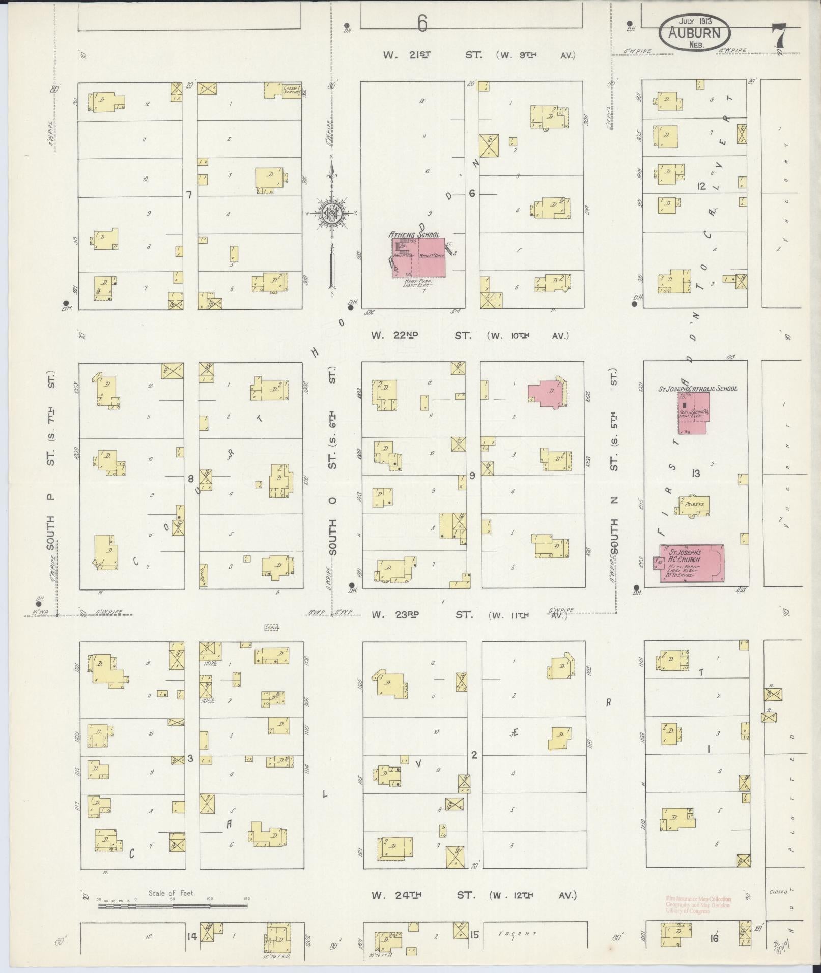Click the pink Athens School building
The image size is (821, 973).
click(418, 257)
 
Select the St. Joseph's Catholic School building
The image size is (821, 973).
click(693, 412)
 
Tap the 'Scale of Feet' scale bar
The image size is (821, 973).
click(173, 549)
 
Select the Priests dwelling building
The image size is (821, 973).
click(693, 505)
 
